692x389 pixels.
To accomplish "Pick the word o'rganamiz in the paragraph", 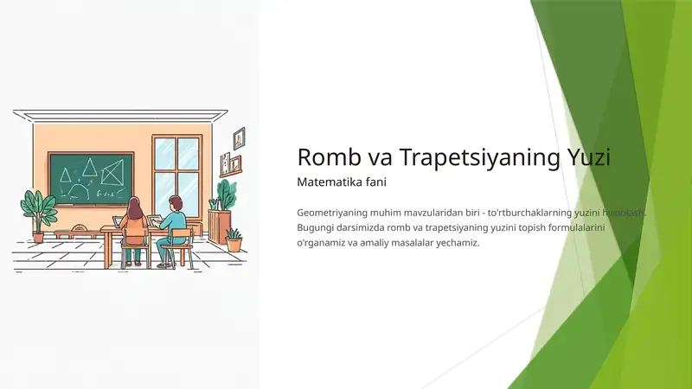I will pyautogui.click(x=323, y=243).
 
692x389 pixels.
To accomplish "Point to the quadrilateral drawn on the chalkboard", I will pyautogui.click(x=112, y=175).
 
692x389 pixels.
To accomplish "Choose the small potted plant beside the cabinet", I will pyautogui.click(x=234, y=239).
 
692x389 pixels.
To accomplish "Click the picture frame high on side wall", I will pyautogui.click(x=240, y=138).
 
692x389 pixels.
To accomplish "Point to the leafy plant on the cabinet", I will pyautogui.click(x=225, y=194).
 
